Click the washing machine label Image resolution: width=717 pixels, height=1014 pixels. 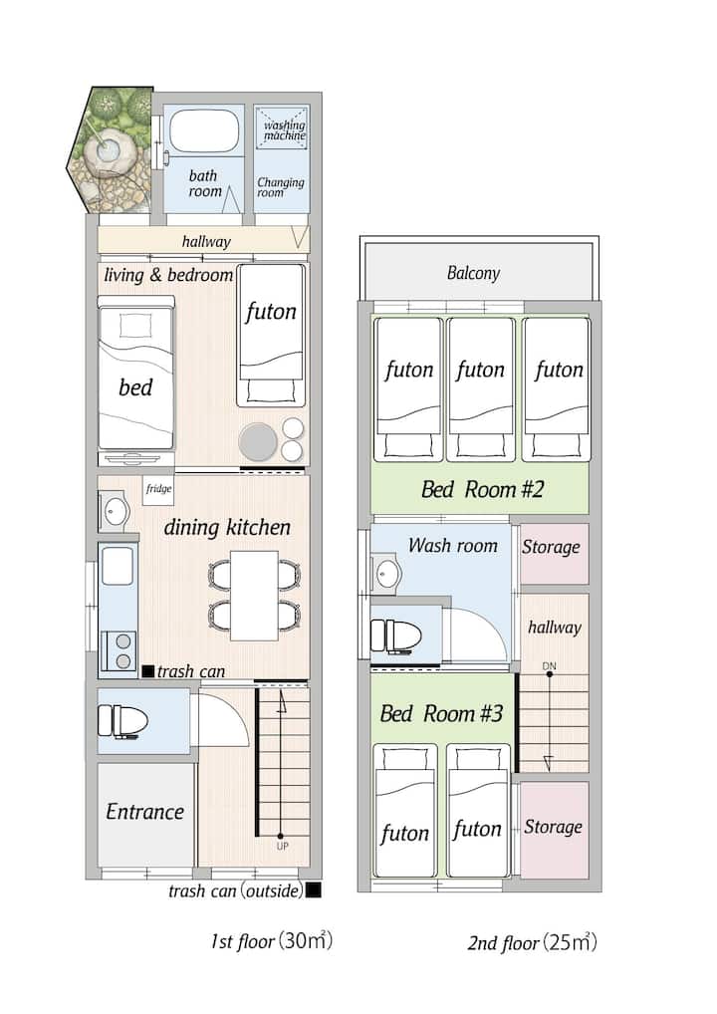[285, 129]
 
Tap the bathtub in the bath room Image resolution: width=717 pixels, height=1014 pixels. [203, 130]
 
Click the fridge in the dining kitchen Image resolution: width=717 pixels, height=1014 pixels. [158, 489]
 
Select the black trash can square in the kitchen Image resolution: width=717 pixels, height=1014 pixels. [148, 671]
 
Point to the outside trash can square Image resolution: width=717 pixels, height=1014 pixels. [313, 890]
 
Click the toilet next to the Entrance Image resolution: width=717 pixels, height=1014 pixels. [122, 721]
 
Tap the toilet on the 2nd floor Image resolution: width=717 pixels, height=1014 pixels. [395, 635]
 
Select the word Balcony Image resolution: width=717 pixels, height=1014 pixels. [473, 273]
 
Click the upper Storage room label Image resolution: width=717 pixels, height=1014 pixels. [551, 547]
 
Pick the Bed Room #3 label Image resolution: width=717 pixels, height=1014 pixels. [441, 714]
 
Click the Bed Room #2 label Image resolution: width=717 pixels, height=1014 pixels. [482, 489]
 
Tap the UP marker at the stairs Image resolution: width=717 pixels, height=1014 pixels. [282, 846]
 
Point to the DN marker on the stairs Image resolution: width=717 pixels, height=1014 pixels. [549, 666]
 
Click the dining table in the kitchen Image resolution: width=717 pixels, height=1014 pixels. [255, 595]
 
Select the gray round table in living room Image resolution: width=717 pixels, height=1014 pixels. [258, 442]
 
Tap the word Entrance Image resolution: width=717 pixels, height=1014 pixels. [144, 812]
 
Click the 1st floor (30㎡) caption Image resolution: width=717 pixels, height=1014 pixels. [272, 941]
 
